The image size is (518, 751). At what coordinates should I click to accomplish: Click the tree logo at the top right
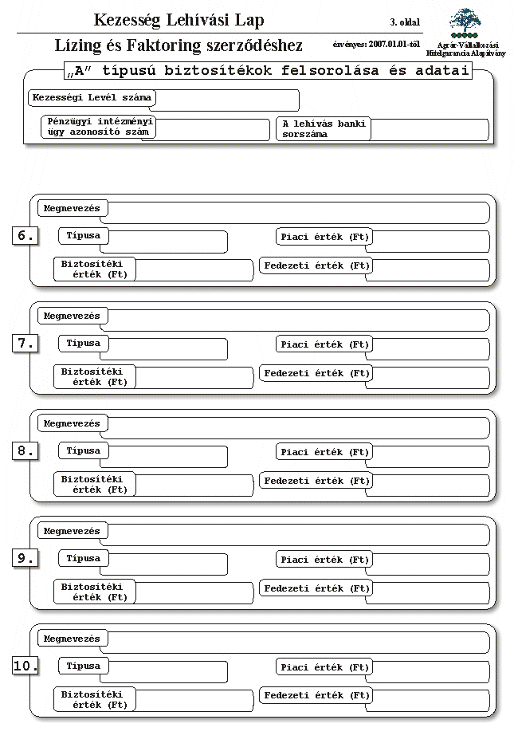[465, 23]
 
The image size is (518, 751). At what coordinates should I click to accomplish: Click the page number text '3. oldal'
[405, 22]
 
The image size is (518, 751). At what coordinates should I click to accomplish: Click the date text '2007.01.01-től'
[394, 44]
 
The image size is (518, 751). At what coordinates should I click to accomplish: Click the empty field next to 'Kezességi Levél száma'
[227, 100]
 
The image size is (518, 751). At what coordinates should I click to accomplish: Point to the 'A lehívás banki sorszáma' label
[324, 129]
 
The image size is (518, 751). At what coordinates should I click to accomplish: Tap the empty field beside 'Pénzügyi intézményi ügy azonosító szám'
[212, 130]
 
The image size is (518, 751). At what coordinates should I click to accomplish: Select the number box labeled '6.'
[25, 236]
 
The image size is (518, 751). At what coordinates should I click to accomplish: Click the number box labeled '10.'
[25, 666]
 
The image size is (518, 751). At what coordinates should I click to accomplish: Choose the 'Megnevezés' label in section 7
[73, 317]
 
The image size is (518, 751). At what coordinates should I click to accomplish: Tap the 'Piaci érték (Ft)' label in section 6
[324, 237]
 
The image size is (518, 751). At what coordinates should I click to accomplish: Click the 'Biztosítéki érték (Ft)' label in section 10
[94, 699]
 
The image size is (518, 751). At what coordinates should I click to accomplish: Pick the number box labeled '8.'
[25, 450]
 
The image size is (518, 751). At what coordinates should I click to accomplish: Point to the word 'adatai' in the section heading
[441, 71]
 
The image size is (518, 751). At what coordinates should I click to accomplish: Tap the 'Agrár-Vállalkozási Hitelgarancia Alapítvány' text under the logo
[466, 49]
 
